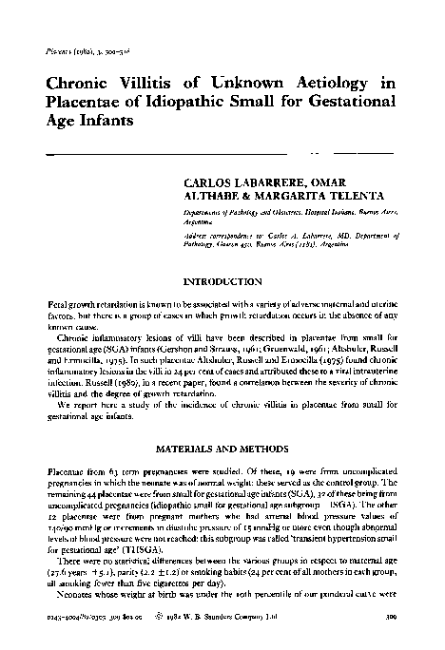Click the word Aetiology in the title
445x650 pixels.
coord(329,84)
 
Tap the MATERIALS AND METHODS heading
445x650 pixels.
coord(221,449)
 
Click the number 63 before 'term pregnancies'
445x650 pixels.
coord(117,471)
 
